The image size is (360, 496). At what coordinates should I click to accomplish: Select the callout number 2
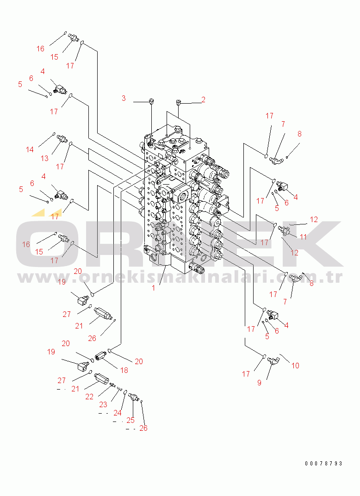pyautogui.click(x=203, y=99)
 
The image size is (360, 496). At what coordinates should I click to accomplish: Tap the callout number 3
pyautogui.click(x=124, y=98)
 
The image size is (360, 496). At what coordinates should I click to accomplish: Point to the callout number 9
pyautogui.click(x=259, y=383)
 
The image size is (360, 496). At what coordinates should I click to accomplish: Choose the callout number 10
pyautogui.click(x=295, y=366)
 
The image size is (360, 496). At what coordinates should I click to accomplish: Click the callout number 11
pyautogui.click(x=304, y=237)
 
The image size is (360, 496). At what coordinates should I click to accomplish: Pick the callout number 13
pyautogui.click(x=44, y=158)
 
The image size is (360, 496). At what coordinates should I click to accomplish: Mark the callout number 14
pyautogui.click(x=30, y=149)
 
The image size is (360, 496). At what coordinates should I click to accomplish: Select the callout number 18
pyautogui.click(x=124, y=370)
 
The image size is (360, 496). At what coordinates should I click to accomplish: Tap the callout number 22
pyautogui.click(x=89, y=397)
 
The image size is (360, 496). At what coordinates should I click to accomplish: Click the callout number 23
pyautogui.click(x=103, y=404)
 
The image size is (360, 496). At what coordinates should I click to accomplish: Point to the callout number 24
pyautogui.click(x=118, y=413)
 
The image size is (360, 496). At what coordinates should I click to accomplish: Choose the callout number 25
pyautogui.click(x=130, y=420)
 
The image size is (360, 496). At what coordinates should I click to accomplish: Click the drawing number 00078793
pyautogui.click(x=323, y=463)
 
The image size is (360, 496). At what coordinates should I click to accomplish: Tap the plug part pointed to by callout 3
pyautogui.click(x=151, y=101)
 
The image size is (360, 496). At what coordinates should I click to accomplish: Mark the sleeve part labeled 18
pyautogui.click(x=100, y=357)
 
